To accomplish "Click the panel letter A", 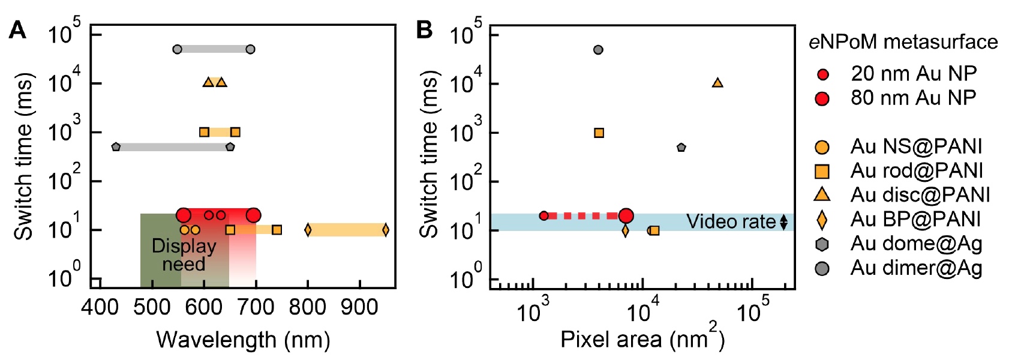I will [17, 30].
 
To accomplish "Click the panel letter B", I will [424, 30].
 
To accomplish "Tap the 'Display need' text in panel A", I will [184, 255].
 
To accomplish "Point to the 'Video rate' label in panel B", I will [731, 222].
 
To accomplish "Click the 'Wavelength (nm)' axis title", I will [243, 340].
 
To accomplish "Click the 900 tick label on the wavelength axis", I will [360, 308].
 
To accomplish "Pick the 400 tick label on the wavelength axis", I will [100, 308].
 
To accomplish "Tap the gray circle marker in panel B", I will [598, 50].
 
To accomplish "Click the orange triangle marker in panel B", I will [717, 83].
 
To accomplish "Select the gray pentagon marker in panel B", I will [681, 148].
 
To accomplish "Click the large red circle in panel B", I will [626, 216].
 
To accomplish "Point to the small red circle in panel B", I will [544, 216].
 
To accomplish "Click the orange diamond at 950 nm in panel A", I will [385, 230].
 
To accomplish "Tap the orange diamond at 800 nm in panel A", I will [308, 230].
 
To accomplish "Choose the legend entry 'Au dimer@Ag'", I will [916, 268].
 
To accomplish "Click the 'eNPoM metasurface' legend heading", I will [903, 42].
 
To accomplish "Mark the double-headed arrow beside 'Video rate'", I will [783, 223].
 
